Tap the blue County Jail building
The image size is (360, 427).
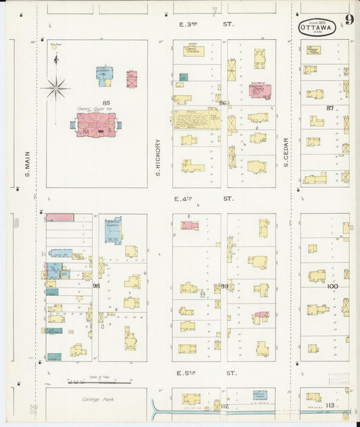104,76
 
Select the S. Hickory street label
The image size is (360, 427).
157,158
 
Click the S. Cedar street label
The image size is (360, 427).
286,153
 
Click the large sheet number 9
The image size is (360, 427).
349,19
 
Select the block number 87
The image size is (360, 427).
330,108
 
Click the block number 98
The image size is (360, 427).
97,286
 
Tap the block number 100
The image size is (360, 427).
332,286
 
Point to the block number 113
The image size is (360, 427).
330,405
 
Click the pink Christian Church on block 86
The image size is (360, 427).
259,90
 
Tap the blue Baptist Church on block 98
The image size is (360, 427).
113,230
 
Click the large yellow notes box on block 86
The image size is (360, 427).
197,120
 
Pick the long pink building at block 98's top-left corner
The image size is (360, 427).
60,218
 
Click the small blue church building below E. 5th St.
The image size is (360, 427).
260,395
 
